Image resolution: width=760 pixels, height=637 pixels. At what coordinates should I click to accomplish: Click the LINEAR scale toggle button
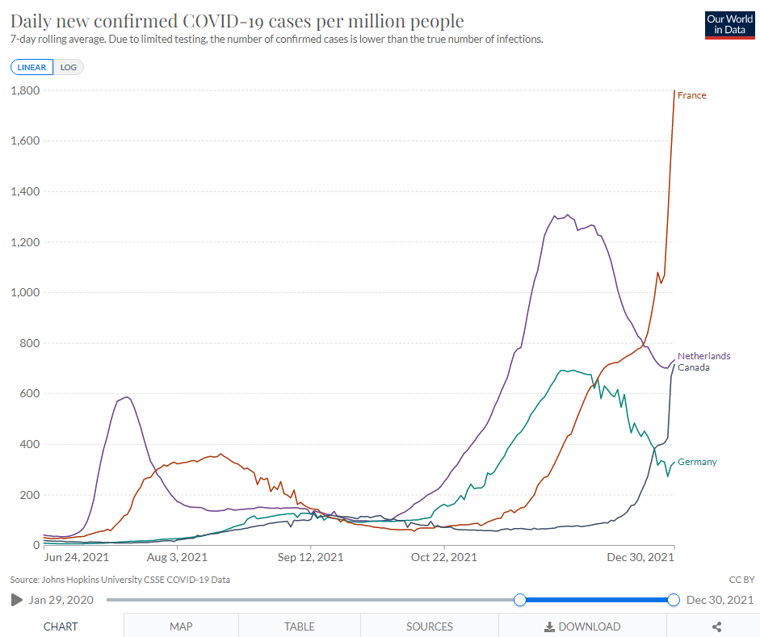(32, 67)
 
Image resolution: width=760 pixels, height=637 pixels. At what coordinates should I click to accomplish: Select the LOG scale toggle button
(69, 67)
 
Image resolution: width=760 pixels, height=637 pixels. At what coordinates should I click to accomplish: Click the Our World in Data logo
(729, 25)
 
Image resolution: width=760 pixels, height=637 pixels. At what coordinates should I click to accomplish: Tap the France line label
(691, 95)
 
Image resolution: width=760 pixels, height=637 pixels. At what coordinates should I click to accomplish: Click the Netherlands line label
(703, 356)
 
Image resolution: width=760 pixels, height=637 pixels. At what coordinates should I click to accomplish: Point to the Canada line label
(694, 367)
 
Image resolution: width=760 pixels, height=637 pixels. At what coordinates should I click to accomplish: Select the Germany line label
(697, 462)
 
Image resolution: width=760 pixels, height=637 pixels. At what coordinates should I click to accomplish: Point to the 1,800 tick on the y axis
(25, 90)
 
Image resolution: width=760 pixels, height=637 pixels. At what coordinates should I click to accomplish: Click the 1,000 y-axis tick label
(25, 292)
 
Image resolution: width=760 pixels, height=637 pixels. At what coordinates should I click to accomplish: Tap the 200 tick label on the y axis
(30, 495)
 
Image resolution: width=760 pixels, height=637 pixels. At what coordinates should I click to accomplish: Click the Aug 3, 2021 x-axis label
(177, 558)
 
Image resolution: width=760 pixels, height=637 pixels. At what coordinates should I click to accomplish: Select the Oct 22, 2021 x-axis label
(444, 558)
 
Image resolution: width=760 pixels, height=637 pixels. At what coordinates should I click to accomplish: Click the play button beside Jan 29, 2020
(16, 600)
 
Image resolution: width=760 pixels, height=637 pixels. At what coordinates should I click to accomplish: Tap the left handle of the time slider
(519, 600)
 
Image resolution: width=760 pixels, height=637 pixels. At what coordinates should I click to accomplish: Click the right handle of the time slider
(674, 600)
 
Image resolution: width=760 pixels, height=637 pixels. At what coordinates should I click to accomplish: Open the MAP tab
(181, 627)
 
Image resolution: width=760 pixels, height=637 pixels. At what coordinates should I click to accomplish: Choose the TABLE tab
(300, 627)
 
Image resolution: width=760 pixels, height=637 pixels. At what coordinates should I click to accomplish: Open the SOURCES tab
(430, 627)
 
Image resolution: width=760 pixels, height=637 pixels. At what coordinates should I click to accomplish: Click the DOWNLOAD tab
(582, 627)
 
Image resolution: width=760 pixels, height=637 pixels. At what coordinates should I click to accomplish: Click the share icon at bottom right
(717, 627)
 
